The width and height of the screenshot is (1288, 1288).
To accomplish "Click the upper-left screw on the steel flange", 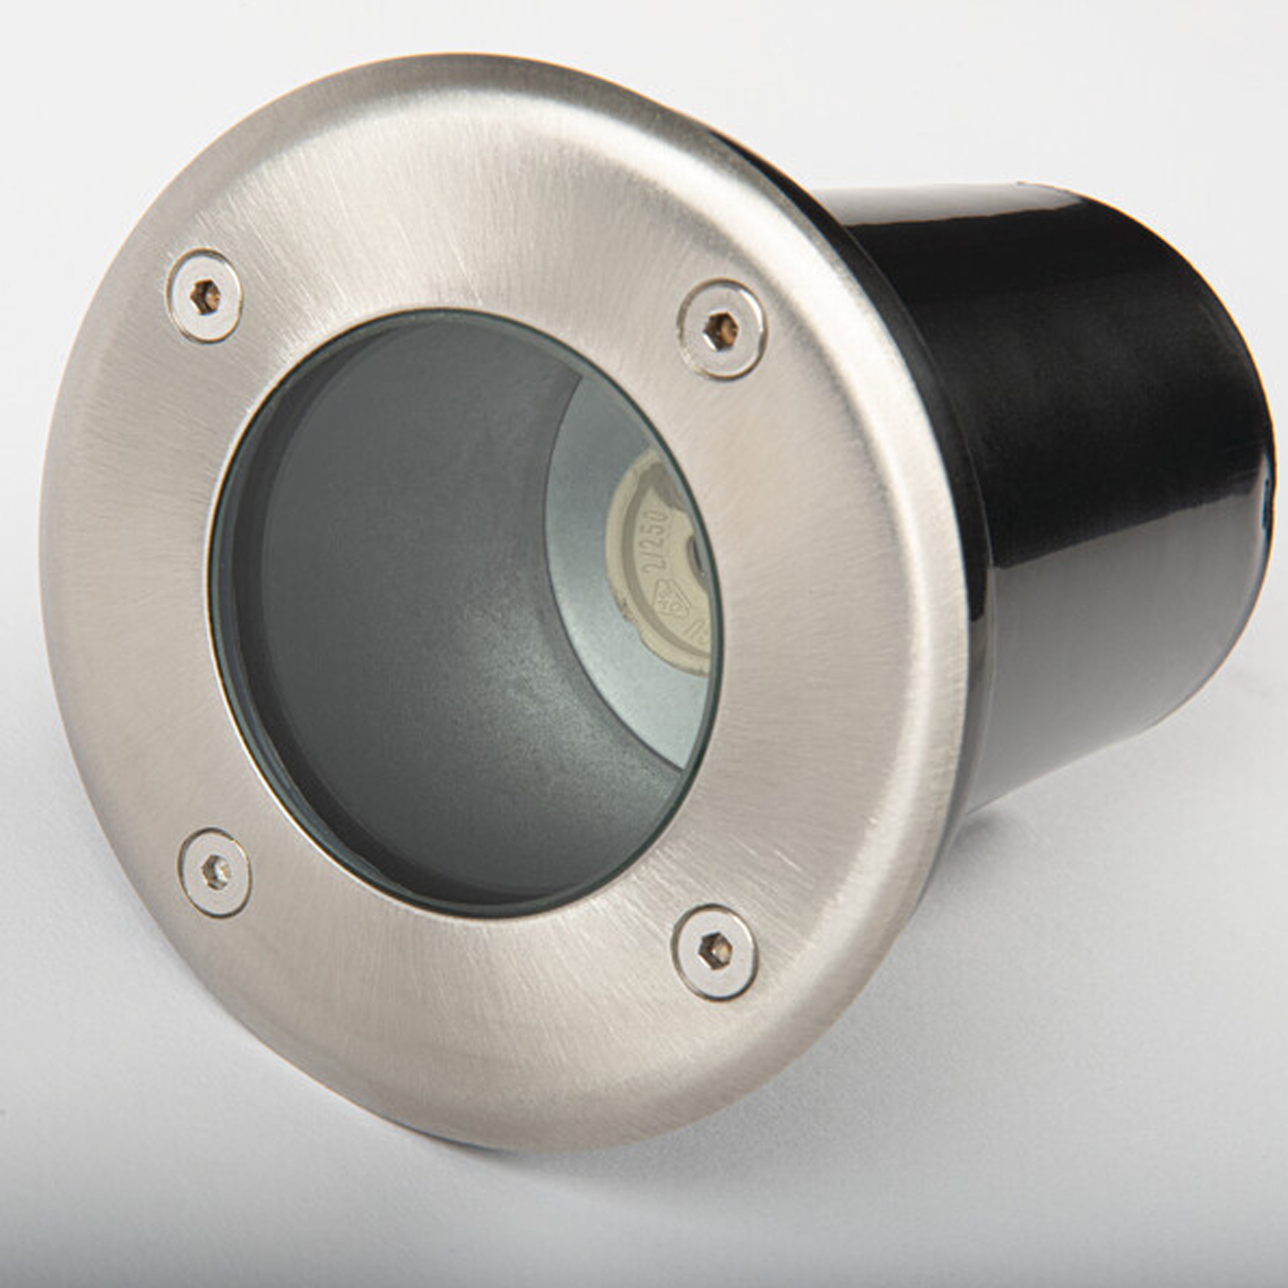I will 204,296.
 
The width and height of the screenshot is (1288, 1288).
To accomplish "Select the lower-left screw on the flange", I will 214,873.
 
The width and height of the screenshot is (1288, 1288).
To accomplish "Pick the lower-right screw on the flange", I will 714,951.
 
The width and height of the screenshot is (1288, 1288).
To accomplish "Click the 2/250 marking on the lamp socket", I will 655,540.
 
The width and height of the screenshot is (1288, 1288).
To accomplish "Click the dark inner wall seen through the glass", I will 400,600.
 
